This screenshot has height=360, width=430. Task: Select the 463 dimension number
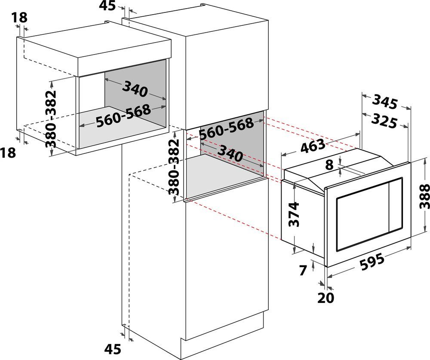[x=313, y=146]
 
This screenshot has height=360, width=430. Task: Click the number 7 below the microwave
[x=302, y=271]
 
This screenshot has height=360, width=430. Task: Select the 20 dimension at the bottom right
[x=326, y=298]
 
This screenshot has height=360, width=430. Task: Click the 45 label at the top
[x=107, y=6]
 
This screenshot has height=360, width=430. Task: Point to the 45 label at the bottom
[x=113, y=349]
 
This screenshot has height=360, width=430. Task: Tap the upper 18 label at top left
[x=20, y=18]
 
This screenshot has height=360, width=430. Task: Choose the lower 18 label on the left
[x=8, y=153]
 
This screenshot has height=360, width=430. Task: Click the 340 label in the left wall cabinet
[x=135, y=89]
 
